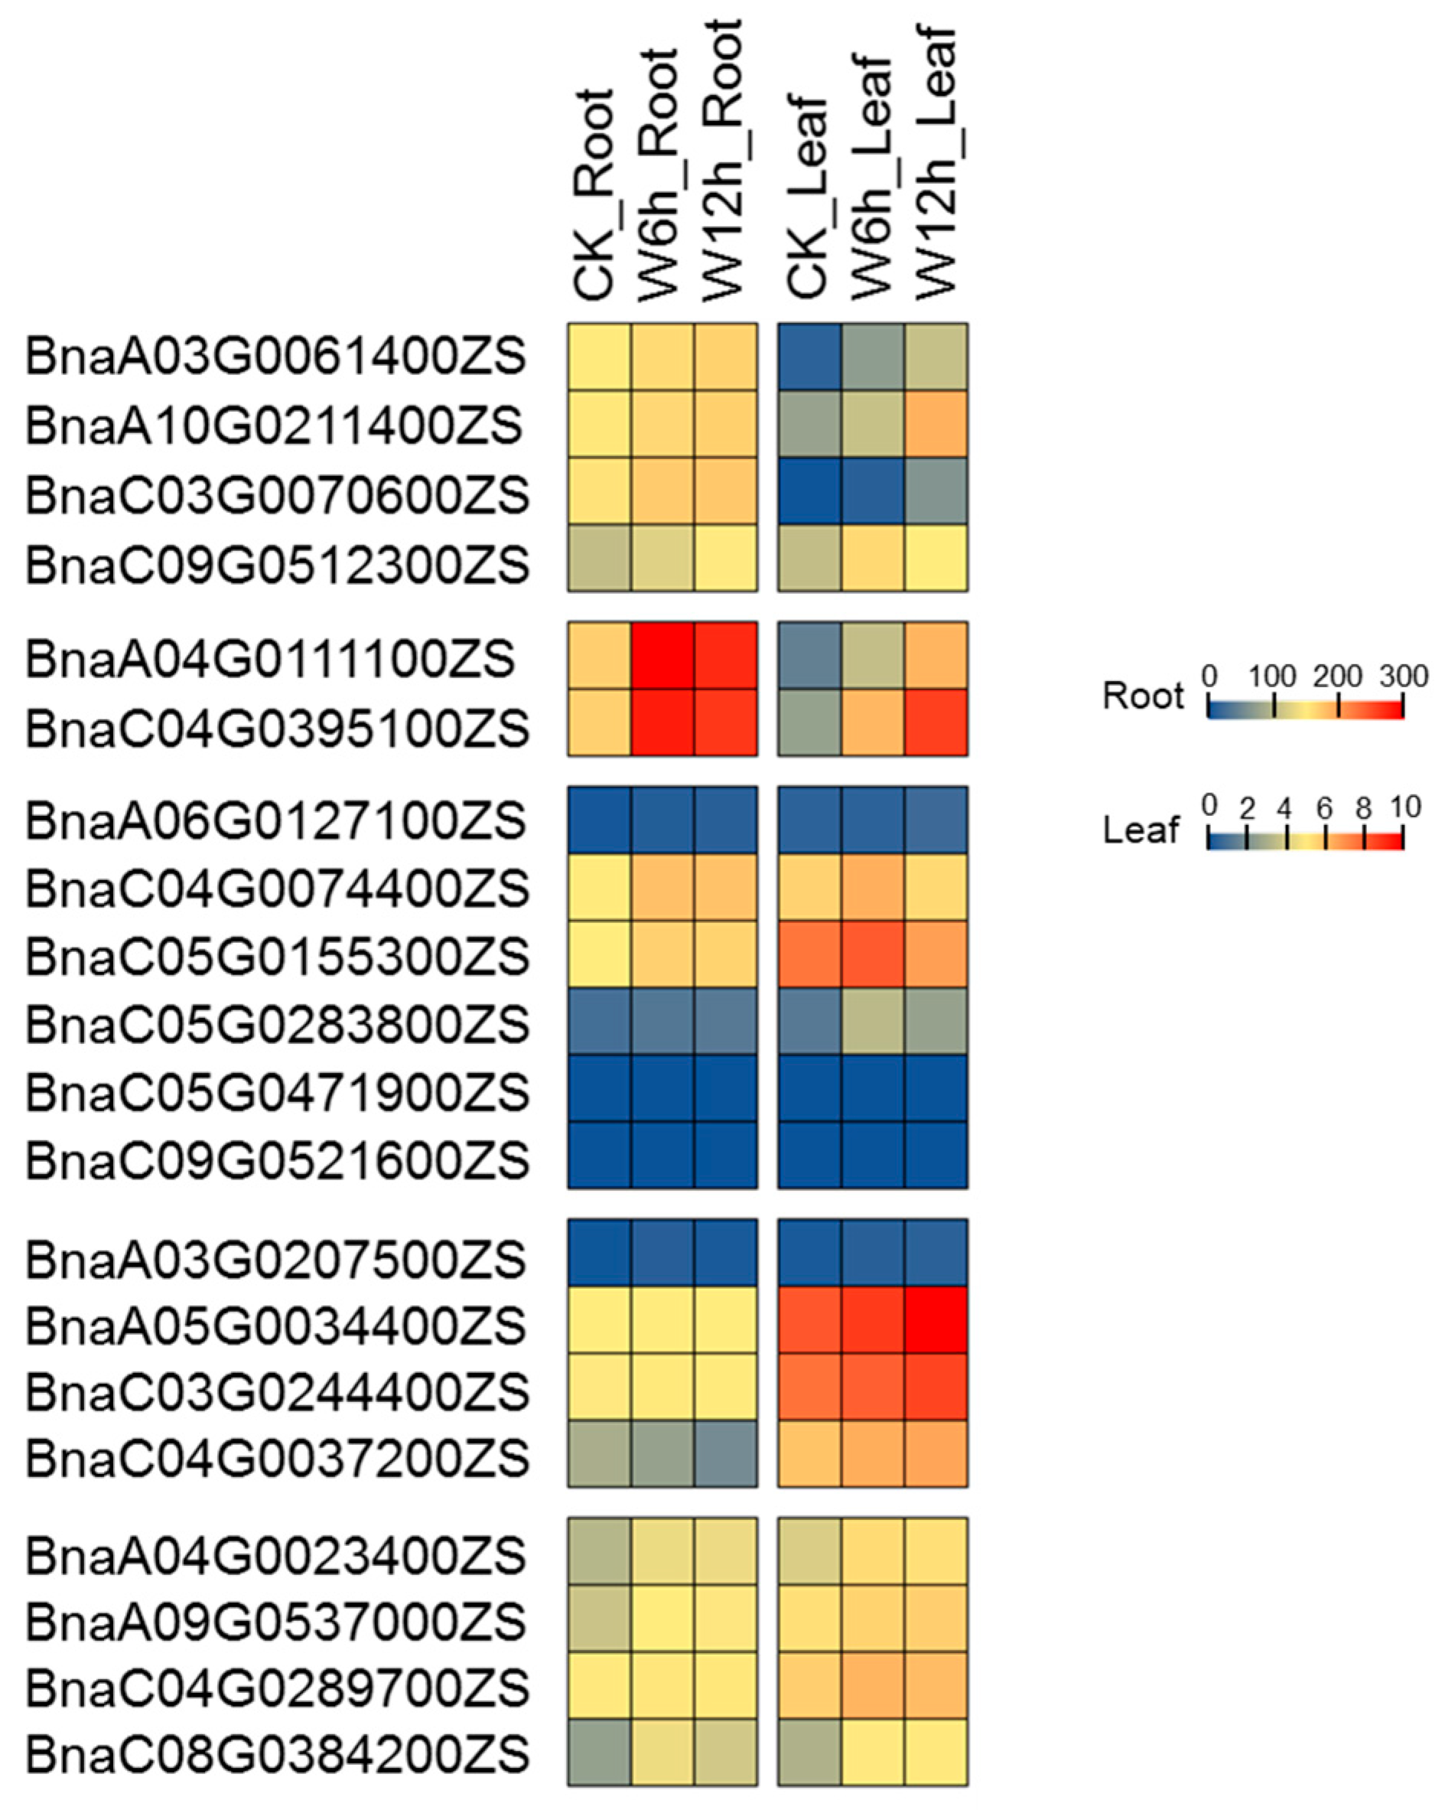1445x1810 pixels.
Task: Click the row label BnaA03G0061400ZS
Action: tap(275, 357)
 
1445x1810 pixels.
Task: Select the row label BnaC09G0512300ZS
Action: tap(277, 564)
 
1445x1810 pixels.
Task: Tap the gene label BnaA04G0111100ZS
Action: tap(269, 659)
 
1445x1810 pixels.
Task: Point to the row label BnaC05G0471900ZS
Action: tap(277, 1092)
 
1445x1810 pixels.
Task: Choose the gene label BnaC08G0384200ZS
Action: tap(277, 1754)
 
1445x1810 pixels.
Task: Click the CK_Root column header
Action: tap(597, 193)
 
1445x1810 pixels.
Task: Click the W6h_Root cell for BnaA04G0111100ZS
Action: tap(663, 656)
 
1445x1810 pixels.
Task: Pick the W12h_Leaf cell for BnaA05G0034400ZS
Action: tap(936, 1319)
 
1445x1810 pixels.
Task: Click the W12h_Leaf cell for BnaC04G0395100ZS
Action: tap(936, 722)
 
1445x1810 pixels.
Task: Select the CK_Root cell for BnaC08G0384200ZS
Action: tap(599, 1752)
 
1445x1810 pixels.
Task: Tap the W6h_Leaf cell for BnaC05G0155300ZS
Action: tap(873, 954)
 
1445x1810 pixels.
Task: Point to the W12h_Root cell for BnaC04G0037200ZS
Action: tap(726, 1453)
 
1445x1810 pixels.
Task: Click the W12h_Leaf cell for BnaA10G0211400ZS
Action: tap(936, 424)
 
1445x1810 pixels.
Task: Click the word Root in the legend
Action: tap(1142, 696)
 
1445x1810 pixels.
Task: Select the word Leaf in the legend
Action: tap(1141, 830)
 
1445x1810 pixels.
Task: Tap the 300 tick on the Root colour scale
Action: tap(1403, 677)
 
